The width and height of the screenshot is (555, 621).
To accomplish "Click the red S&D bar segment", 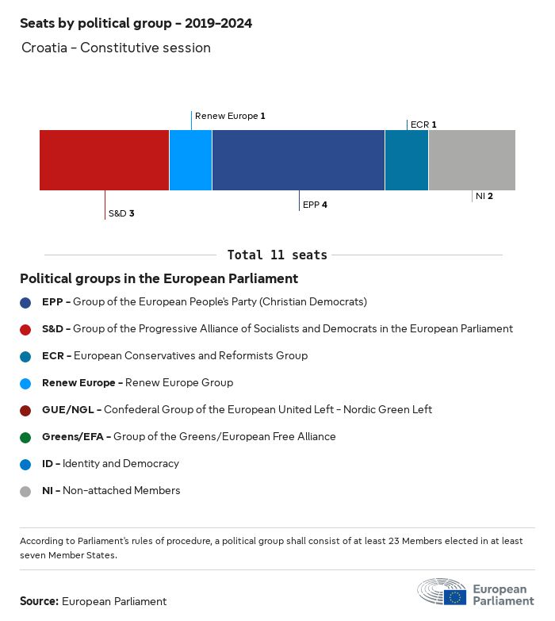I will click(104, 160).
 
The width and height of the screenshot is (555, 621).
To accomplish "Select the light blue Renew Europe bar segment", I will click(190, 160).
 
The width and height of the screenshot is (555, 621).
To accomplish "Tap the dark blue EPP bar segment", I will click(298, 160).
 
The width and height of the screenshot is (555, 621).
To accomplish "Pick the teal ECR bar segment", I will click(407, 160).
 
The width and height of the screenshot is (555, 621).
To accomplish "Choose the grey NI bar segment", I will click(472, 160).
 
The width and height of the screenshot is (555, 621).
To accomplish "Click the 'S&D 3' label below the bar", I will click(121, 213).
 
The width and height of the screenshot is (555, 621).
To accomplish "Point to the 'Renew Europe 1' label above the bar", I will click(230, 116).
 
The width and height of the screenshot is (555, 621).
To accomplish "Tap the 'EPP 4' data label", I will click(315, 205).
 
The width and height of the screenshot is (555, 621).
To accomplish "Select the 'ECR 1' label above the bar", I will click(423, 125).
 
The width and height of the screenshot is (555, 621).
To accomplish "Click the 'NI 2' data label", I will click(484, 196).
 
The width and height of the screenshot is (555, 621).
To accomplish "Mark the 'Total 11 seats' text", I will click(277, 255).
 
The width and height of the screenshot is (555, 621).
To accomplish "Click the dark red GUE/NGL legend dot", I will click(25, 410).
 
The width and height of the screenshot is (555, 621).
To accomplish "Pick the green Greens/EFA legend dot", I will click(25, 437).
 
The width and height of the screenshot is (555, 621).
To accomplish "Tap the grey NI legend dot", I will click(25, 491).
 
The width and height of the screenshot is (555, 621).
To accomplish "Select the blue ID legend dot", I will click(25, 464).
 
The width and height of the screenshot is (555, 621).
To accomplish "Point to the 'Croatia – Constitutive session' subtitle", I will click(116, 48).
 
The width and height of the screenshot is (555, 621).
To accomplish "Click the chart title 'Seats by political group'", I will click(136, 23).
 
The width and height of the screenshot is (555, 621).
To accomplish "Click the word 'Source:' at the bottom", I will click(39, 601).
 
